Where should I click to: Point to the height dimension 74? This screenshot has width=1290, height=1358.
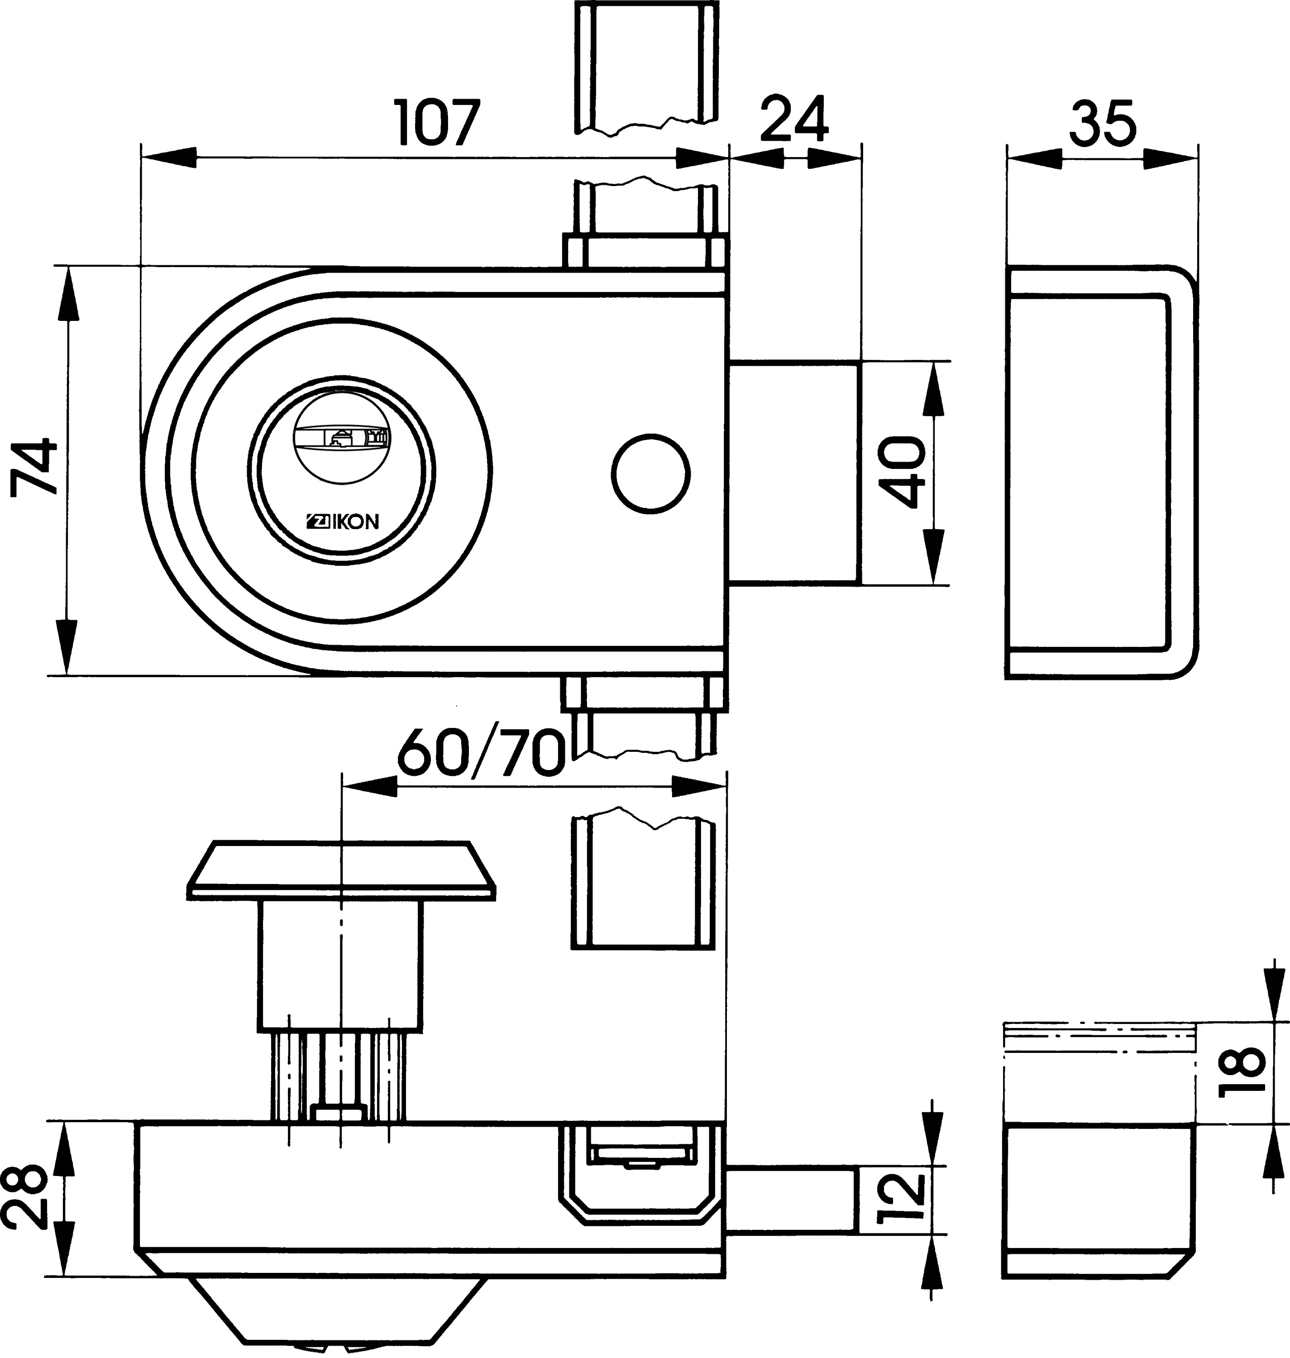[33, 465]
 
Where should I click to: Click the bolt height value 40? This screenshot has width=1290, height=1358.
[903, 471]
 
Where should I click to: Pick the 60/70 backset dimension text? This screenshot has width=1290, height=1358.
[482, 752]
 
